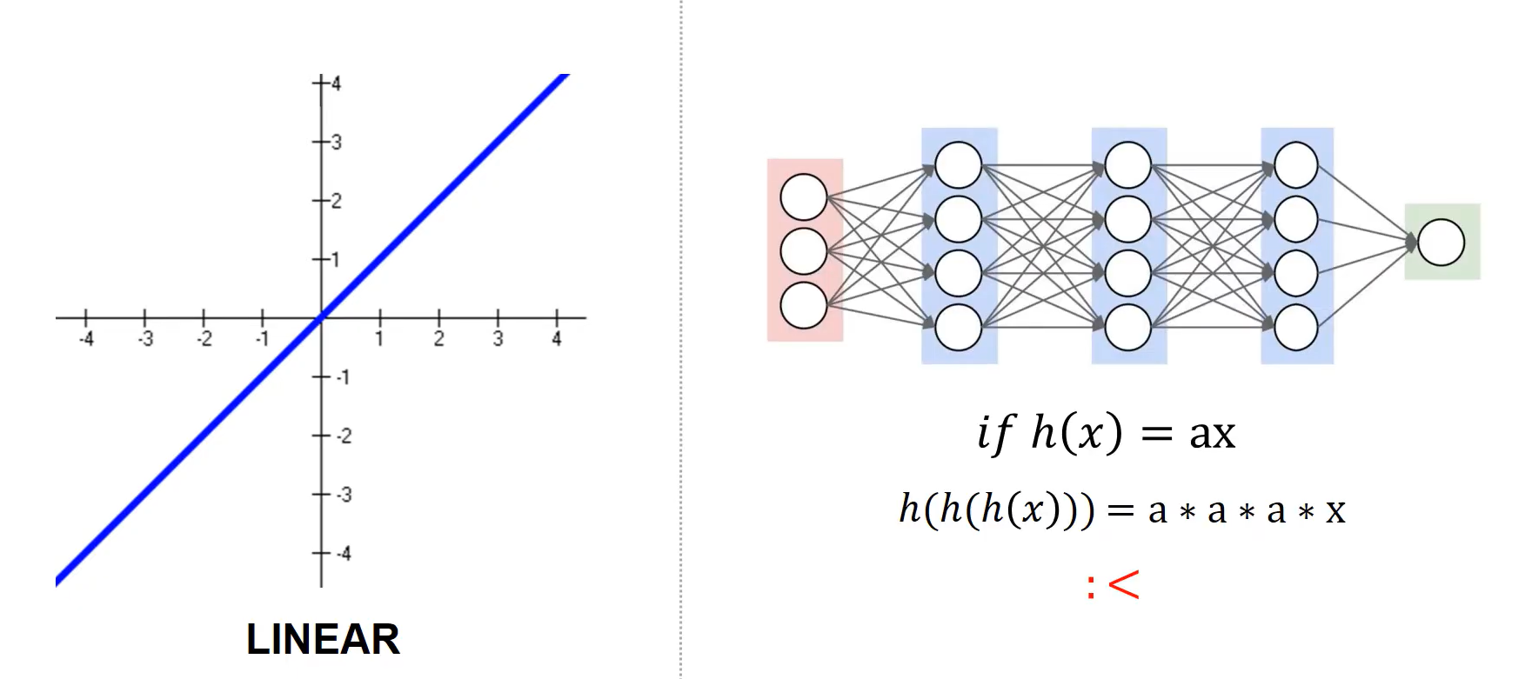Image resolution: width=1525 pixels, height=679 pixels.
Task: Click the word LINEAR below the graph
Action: [x=323, y=639]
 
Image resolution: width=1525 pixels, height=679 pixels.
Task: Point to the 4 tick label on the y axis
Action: [x=336, y=83]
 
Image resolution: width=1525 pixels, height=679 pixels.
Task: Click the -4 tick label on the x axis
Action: [x=86, y=339]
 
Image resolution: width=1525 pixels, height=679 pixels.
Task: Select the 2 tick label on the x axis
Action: [x=439, y=339]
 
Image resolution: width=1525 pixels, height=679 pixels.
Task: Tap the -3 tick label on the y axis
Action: [x=344, y=495]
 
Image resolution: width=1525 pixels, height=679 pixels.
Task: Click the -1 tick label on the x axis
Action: [x=262, y=339]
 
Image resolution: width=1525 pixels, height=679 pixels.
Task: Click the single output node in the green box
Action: [x=1441, y=242]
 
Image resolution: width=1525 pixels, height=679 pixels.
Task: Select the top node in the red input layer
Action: [x=803, y=197]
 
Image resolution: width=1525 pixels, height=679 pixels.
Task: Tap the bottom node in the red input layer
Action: [x=803, y=305]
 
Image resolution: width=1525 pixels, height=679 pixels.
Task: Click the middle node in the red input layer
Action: [x=803, y=251]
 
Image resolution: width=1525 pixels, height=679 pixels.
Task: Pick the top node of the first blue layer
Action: [x=958, y=165]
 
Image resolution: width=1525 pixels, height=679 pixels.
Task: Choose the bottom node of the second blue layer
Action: [x=1127, y=327]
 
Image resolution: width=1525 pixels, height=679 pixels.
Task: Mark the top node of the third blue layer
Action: [x=1295, y=165]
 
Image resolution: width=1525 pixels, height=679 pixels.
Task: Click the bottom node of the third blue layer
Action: [x=1295, y=327]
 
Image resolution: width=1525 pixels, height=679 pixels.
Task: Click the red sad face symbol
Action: [x=1114, y=585]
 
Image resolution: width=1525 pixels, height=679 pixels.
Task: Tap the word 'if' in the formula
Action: [x=994, y=432]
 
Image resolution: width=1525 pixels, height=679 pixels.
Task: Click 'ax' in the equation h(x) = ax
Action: [x=1212, y=433]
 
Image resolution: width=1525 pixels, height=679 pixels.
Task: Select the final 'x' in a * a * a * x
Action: [x=1335, y=510]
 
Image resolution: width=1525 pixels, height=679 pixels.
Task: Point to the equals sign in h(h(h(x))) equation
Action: [x=1120, y=510]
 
